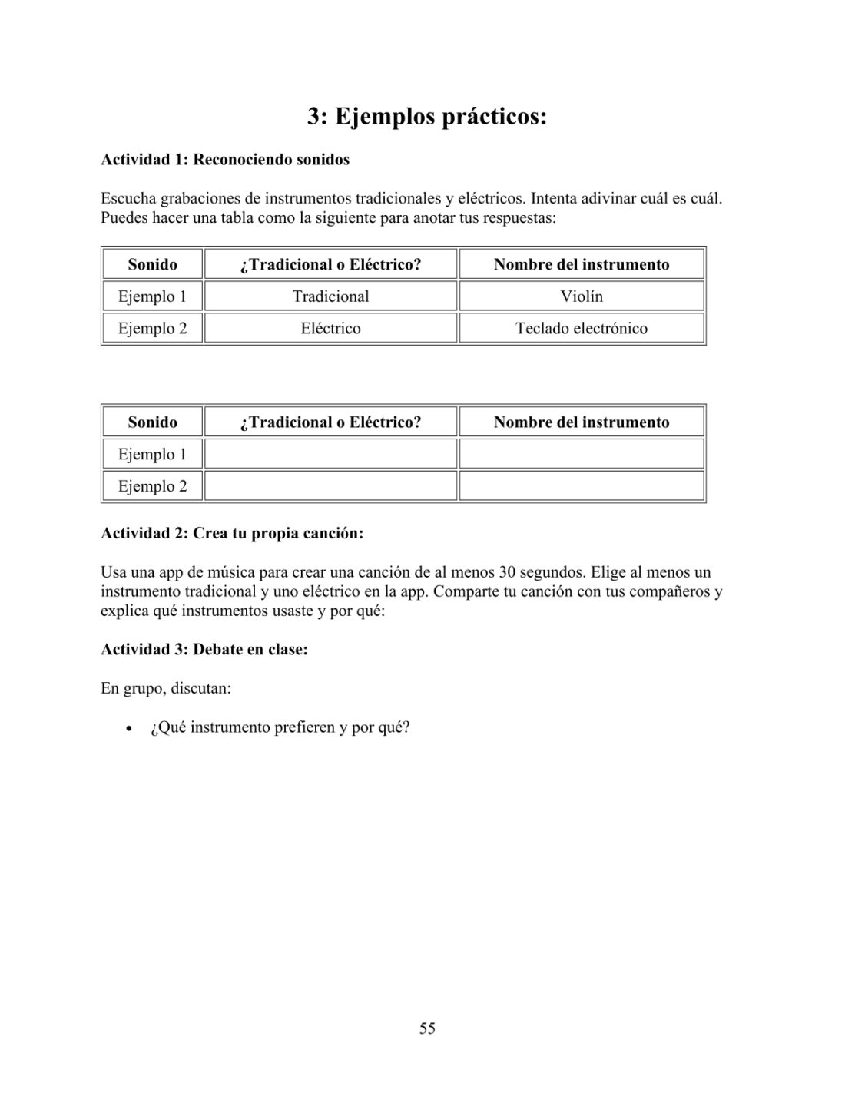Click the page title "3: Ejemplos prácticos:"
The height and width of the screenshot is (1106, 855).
[427, 118]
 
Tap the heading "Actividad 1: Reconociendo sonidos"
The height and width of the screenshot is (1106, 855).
[225, 160]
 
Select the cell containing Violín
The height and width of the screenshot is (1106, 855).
[582, 296]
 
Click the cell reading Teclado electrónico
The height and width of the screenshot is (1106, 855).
[582, 329]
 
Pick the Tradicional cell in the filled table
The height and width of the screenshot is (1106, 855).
[330, 296]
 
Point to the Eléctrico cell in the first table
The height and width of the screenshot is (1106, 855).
[330, 329]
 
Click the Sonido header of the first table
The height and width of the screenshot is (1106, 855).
[152, 265]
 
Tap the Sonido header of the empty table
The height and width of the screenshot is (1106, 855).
[152, 422]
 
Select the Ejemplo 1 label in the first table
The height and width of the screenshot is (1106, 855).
[152, 296]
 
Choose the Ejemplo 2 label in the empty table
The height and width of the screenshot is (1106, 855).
[152, 486]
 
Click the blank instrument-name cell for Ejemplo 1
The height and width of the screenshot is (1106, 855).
[582, 454]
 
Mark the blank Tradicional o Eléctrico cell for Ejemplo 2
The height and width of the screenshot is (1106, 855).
[330, 486]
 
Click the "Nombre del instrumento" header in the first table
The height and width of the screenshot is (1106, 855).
[582, 265]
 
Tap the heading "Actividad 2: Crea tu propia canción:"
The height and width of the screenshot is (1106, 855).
[232, 533]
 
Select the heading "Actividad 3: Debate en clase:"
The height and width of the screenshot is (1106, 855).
[204, 650]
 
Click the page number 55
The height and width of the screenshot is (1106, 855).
[427, 1028]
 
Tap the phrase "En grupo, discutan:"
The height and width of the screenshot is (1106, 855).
[166, 688]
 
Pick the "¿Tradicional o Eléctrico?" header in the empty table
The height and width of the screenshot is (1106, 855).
[330, 422]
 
